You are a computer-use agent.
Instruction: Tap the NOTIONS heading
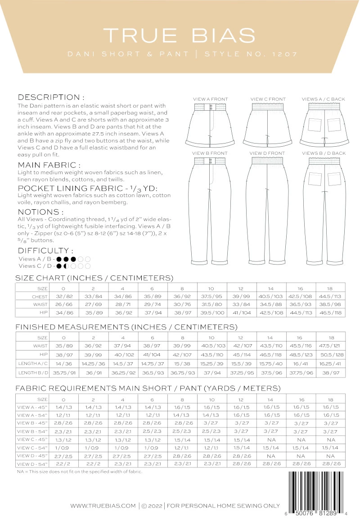click(40, 211)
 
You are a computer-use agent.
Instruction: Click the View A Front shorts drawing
click(210, 124)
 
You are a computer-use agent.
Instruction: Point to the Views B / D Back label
click(324, 153)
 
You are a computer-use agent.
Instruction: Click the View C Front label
click(268, 99)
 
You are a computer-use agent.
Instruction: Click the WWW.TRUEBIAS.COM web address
click(103, 506)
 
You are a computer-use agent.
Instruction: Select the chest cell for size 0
click(63, 297)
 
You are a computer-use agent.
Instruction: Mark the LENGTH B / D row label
click(32, 372)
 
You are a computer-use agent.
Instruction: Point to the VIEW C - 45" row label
click(32, 439)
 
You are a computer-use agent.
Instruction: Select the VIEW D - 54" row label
click(32, 463)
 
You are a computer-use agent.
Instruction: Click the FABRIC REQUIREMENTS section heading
click(148, 388)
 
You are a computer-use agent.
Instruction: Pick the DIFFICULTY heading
click(45, 251)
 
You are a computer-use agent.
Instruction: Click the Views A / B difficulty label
click(36, 259)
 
